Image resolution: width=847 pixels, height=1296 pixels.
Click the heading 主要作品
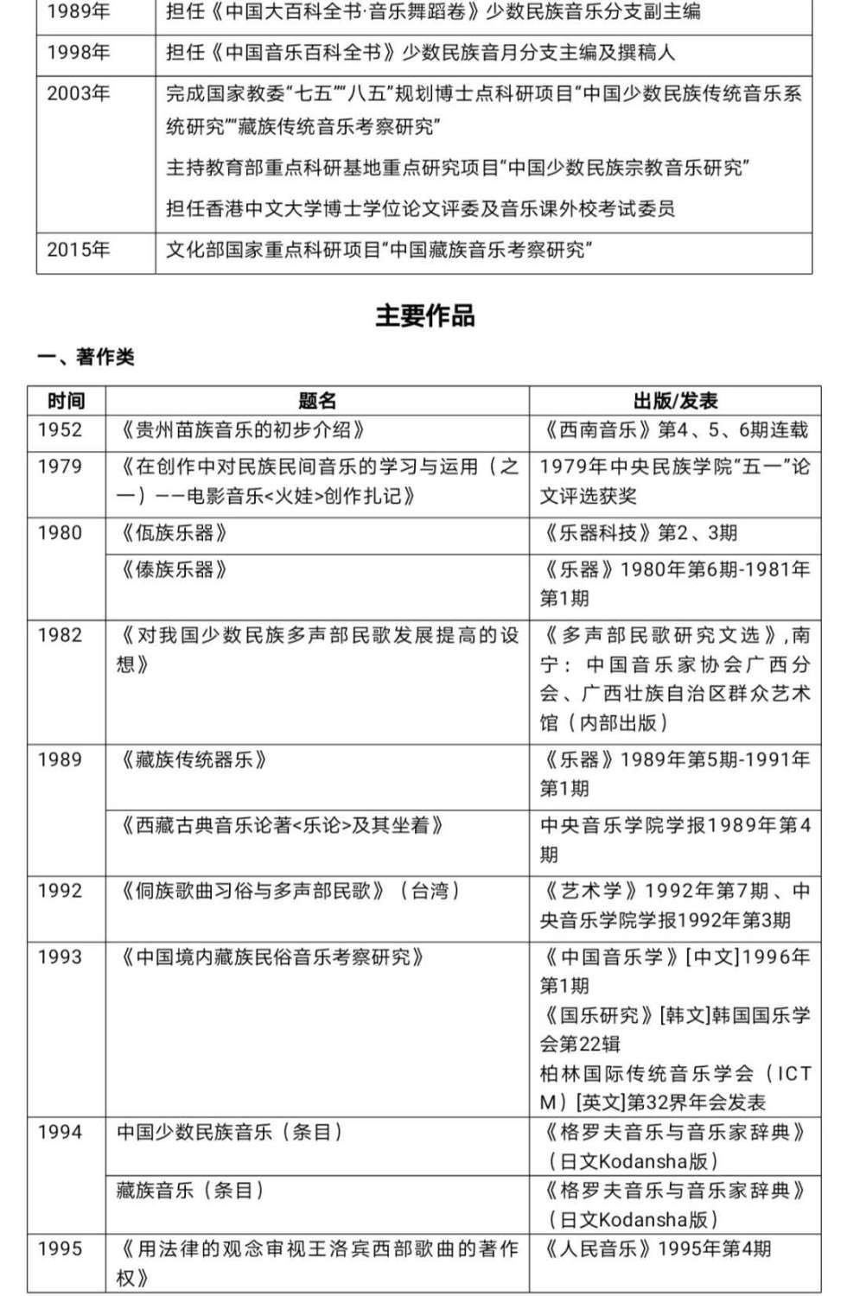click(424, 316)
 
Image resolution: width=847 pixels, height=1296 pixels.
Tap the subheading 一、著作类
click(86, 357)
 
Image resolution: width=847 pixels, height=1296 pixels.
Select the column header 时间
click(66, 401)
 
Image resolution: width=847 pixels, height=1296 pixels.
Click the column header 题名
click(317, 401)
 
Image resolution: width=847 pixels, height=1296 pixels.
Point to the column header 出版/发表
click(675, 401)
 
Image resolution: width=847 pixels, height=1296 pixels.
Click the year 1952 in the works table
click(60, 430)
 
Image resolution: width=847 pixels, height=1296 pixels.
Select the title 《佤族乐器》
click(174, 533)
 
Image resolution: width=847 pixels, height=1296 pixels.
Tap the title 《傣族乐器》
click(174, 569)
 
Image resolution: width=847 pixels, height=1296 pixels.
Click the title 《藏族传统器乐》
click(193, 760)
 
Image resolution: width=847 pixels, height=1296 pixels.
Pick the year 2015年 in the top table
click(79, 250)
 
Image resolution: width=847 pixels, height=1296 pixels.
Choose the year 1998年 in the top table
click(79, 53)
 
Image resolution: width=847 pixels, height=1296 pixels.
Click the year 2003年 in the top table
click(79, 93)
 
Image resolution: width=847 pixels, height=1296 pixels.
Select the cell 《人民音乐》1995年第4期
click(656, 1248)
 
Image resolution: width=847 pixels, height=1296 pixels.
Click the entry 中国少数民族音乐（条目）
click(230, 1132)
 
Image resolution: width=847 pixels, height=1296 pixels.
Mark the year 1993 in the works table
click(60, 957)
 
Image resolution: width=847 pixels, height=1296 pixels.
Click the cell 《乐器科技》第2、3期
click(639, 533)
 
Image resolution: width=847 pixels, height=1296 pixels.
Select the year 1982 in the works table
click(60, 635)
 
